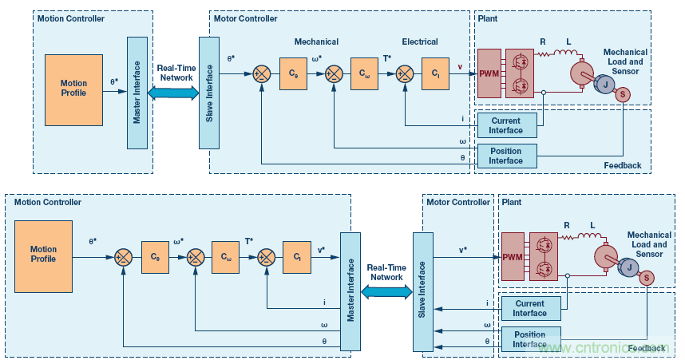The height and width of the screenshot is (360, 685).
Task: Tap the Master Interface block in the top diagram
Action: tap(137, 91)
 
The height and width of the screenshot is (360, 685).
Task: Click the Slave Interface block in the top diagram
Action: tap(209, 91)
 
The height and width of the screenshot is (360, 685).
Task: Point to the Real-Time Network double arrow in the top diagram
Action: tap(174, 93)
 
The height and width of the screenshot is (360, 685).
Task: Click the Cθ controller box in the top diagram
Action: tap(293, 73)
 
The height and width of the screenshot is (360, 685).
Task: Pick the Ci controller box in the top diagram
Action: tap(434, 73)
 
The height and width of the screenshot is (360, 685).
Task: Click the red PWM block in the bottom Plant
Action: tap(511, 256)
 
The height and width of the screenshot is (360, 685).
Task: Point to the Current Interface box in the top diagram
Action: tap(506, 125)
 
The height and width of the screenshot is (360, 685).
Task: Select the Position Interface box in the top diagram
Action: tap(506, 156)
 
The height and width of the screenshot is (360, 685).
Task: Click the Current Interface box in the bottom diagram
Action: tap(529, 307)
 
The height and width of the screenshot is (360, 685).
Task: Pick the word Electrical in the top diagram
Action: tap(420, 42)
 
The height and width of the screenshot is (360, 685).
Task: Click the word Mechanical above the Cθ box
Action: tap(317, 42)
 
